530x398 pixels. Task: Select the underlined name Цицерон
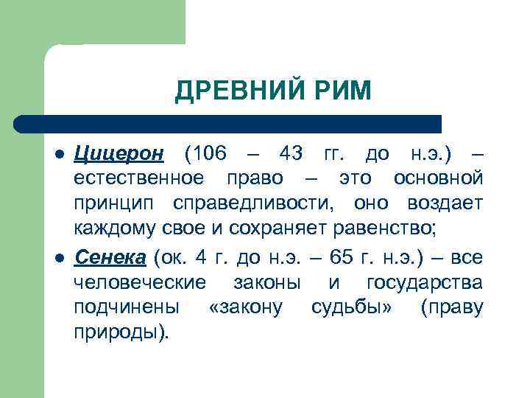[x=121, y=155]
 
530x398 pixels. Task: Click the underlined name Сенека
[x=110, y=257]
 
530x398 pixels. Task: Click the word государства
[x=425, y=282]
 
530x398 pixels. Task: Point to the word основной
[x=439, y=178]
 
